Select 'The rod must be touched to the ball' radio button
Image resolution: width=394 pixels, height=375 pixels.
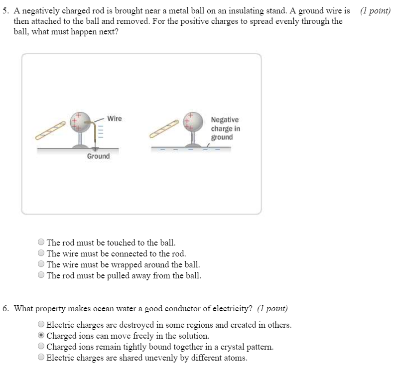pyautogui.click(x=41, y=243)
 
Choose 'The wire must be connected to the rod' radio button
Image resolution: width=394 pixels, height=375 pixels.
pyautogui.click(x=41, y=253)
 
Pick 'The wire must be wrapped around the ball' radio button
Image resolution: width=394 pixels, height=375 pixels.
pyautogui.click(x=41, y=264)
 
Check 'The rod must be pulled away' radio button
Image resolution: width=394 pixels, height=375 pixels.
pyautogui.click(x=41, y=275)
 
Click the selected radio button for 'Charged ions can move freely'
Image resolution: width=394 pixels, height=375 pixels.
pyautogui.click(x=41, y=336)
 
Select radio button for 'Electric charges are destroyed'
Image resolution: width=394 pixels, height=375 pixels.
pyautogui.click(x=41, y=325)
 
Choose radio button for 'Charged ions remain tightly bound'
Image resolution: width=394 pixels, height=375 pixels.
pyautogui.click(x=41, y=347)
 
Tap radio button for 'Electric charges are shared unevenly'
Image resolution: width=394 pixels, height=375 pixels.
pyautogui.click(x=41, y=358)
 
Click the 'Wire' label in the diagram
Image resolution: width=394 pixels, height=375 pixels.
pyautogui.click(x=115, y=119)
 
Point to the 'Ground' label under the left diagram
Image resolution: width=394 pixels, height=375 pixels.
pyautogui.click(x=98, y=156)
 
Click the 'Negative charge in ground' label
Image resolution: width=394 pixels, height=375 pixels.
pyautogui.click(x=225, y=128)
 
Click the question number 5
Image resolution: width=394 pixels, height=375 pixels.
pyautogui.click(x=5, y=10)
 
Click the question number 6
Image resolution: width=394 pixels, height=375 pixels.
pyautogui.click(x=5, y=308)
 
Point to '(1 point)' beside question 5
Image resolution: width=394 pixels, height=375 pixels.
pyautogui.click(x=375, y=10)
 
